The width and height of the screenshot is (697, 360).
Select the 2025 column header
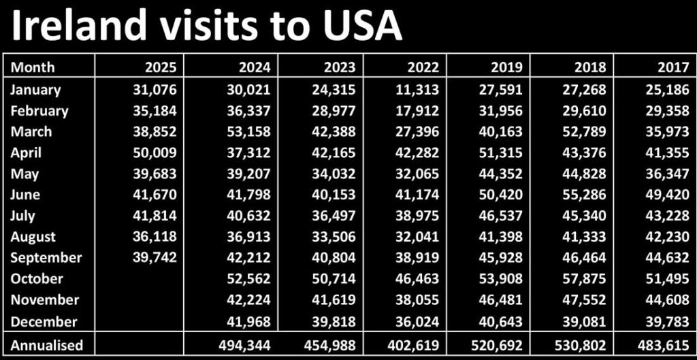point(161,67)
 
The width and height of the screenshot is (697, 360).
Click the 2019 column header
point(506,67)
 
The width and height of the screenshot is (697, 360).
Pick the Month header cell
point(33,67)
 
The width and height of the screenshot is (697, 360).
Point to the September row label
point(46,257)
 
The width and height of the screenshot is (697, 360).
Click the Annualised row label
point(47,345)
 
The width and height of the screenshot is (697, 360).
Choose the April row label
point(26,152)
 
